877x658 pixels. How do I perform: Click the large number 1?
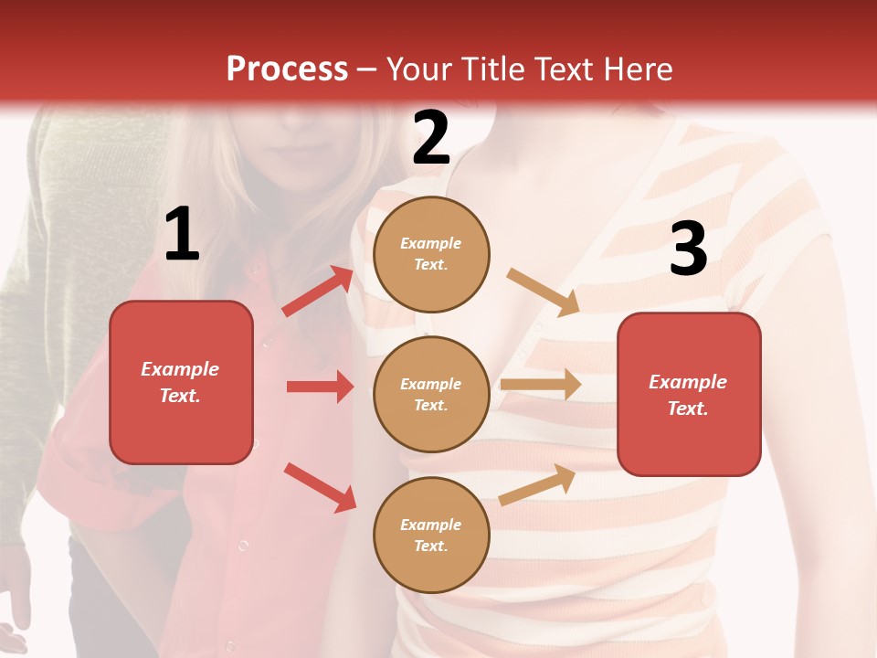[x=182, y=235]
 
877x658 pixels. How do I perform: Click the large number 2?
[x=431, y=138]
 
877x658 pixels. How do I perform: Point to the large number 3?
[x=688, y=249]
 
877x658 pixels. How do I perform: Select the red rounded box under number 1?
[x=181, y=382]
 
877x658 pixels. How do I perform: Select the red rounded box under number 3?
[x=689, y=394]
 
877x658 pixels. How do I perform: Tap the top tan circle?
[x=431, y=254]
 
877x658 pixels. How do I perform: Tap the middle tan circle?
[x=431, y=394]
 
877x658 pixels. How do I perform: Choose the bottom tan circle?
[x=431, y=535]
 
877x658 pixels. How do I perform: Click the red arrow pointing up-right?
[x=317, y=292]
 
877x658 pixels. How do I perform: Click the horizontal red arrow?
[x=320, y=387]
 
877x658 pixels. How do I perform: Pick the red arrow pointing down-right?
[x=320, y=486]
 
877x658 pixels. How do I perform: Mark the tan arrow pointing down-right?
[x=543, y=292]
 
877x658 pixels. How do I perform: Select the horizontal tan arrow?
[x=540, y=385]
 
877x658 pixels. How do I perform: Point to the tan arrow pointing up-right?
[x=538, y=484]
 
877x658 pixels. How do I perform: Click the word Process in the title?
[x=287, y=69]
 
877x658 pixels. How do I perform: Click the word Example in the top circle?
[x=431, y=243]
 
